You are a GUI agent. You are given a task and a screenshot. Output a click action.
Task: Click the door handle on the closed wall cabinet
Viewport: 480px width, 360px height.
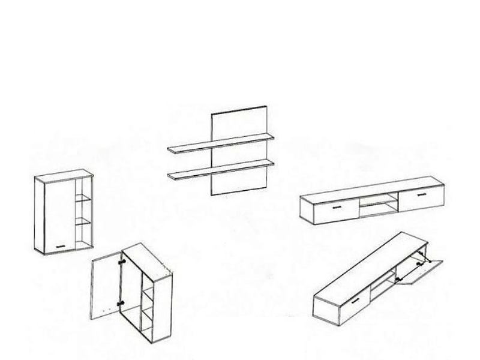pyautogui.click(x=59, y=245)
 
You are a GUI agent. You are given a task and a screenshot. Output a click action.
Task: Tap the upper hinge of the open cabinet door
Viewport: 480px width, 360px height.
pyautogui.click(x=123, y=262)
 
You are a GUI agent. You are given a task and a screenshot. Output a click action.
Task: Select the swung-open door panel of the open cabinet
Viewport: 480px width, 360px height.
pyautogui.click(x=106, y=287)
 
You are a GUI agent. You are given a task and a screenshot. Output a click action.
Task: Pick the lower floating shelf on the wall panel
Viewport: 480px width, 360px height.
pyautogui.click(x=221, y=169)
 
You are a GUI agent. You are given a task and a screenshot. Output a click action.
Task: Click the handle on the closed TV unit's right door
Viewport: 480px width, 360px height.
pyautogui.click(x=418, y=194)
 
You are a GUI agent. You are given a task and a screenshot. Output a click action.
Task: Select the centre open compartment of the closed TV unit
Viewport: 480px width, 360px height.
pyautogui.click(x=379, y=206)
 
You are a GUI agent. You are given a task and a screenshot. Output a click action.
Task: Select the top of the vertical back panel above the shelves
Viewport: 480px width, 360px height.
pyautogui.click(x=239, y=112)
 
